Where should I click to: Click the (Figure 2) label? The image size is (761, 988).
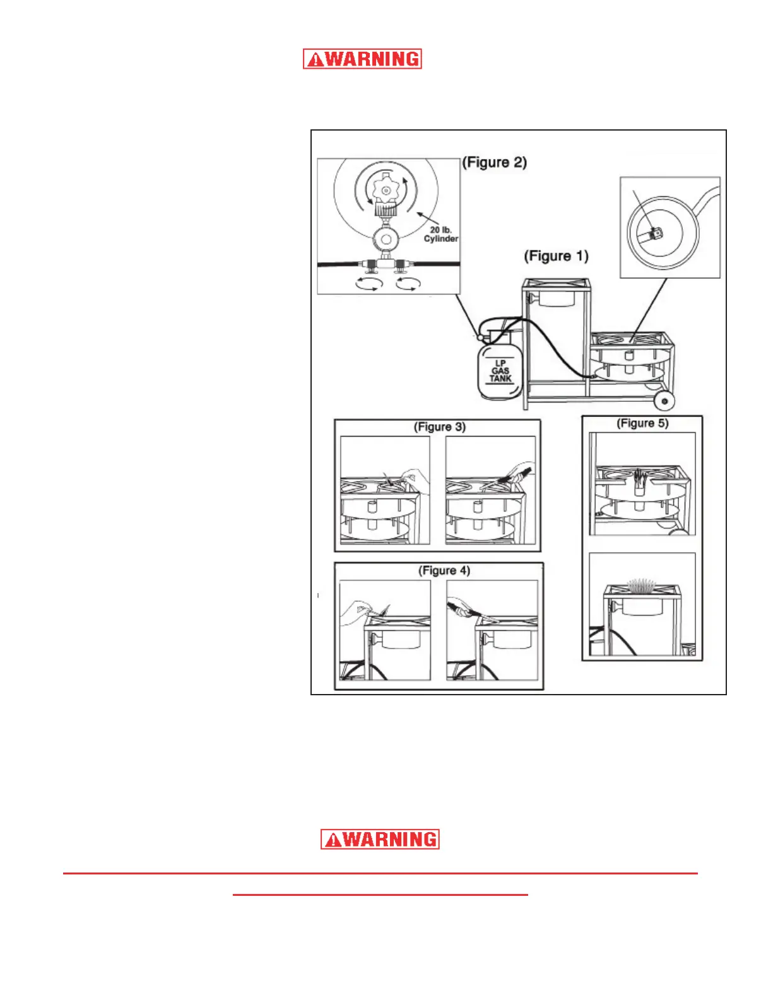(x=494, y=163)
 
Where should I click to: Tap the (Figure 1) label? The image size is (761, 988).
(x=556, y=256)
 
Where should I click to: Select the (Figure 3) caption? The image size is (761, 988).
(x=439, y=427)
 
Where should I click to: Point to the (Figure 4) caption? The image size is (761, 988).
(x=444, y=571)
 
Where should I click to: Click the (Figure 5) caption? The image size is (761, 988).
(x=642, y=423)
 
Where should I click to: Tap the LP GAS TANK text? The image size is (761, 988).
(x=500, y=371)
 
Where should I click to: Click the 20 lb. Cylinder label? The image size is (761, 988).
(x=440, y=234)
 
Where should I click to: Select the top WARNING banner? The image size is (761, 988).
(x=362, y=59)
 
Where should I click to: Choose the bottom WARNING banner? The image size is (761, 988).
(x=380, y=840)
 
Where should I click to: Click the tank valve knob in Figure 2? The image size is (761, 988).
(x=385, y=189)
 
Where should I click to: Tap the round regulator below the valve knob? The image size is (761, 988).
(x=385, y=240)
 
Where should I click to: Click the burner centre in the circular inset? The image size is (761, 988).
(x=657, y=233)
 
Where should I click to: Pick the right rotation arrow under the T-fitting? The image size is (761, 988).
(x=406, y=285)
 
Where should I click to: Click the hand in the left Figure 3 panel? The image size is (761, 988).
(x=415, y=478)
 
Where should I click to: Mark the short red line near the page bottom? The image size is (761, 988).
(x=380, y=895)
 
